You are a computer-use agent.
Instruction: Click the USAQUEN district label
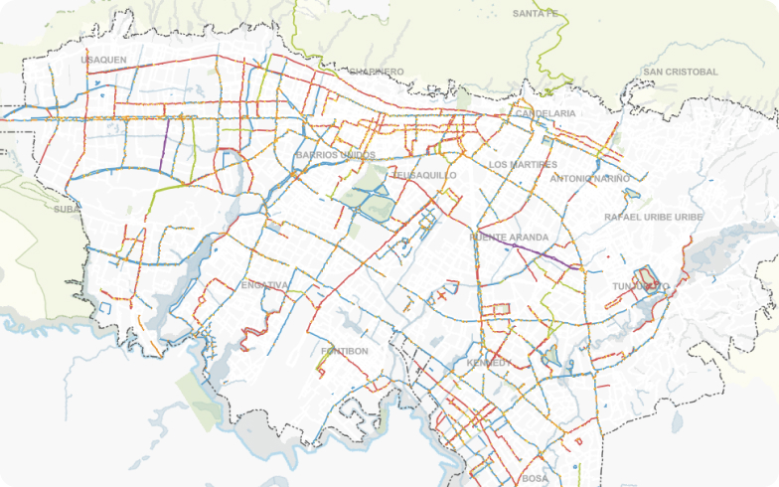(103, 60)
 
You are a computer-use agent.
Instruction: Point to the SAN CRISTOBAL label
(680, 72)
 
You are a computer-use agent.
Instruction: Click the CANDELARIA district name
(545, 113)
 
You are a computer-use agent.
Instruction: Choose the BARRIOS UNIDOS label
(335, 155)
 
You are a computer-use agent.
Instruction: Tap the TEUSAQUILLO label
(424, 175)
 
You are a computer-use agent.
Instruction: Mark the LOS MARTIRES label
(523, 164)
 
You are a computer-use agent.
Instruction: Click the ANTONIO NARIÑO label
(590, 179)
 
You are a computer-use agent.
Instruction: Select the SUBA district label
(66, 209)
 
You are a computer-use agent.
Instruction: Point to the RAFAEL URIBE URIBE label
(654, 217)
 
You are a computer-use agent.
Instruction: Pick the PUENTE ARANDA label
(509, 238)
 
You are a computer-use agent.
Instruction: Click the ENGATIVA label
(264, 285)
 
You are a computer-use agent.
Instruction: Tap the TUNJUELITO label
(641, 286)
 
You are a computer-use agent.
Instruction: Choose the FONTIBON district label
(345, 351)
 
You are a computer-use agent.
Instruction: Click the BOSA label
(535, 478)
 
